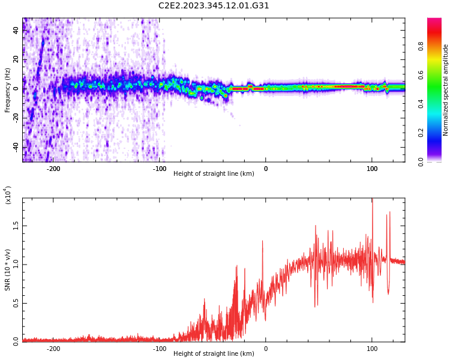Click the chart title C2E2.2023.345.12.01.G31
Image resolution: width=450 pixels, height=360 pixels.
click(214, 6)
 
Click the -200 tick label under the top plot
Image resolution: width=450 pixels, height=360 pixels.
click(53, 169)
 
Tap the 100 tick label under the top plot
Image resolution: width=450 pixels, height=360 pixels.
click(372, 169)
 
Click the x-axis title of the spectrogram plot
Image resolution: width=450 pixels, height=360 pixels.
click(214, 174)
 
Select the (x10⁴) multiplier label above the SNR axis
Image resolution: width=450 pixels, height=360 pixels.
click(8, 196)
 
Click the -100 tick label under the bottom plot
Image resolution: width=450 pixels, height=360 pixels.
click(159, 349)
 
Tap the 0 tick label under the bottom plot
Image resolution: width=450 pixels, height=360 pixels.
click(266, 349)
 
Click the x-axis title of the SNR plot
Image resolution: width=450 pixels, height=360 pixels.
click(214, 354)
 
